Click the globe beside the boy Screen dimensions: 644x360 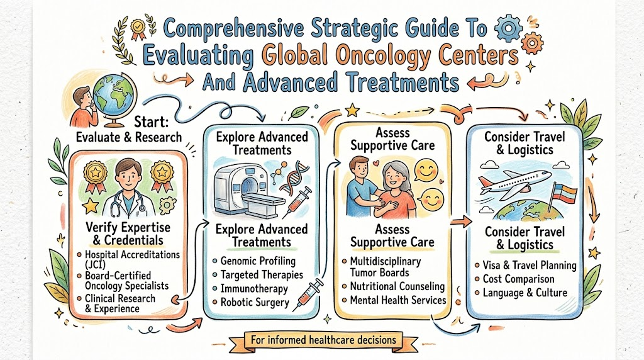114,91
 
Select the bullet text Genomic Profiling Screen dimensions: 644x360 258,261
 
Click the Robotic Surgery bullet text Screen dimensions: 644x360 255,303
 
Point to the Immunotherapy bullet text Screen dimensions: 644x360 254,288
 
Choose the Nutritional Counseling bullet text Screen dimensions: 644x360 397,286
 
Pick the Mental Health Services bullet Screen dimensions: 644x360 397,300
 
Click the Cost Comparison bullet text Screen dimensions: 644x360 518,279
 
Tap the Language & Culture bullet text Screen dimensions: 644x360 525,293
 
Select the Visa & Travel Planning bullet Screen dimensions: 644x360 530,265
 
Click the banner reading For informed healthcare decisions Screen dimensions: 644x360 323,340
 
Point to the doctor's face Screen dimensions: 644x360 128,176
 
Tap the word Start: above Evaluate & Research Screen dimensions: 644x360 151,122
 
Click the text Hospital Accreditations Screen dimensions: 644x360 132,254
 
